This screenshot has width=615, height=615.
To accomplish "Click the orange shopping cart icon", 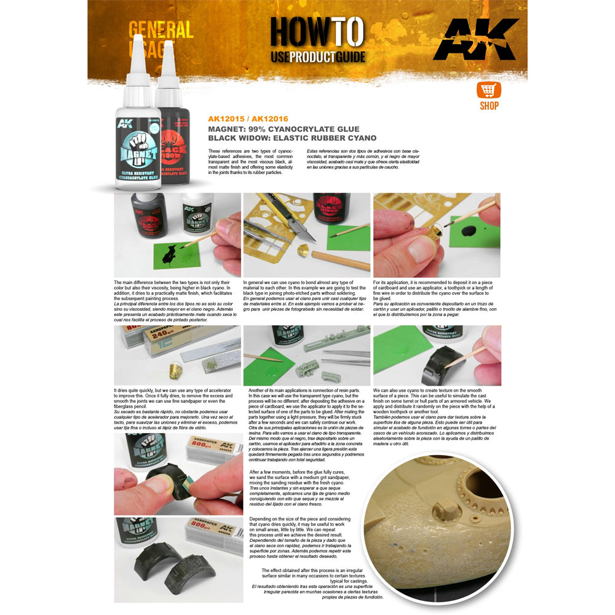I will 488,90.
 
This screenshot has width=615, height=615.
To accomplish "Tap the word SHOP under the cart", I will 489,106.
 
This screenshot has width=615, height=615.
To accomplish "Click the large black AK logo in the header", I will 475,39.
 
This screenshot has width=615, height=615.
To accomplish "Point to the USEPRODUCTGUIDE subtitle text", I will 318,57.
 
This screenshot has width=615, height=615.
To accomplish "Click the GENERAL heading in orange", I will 161,30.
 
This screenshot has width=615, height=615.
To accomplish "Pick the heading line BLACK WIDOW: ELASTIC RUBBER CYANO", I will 292,138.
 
